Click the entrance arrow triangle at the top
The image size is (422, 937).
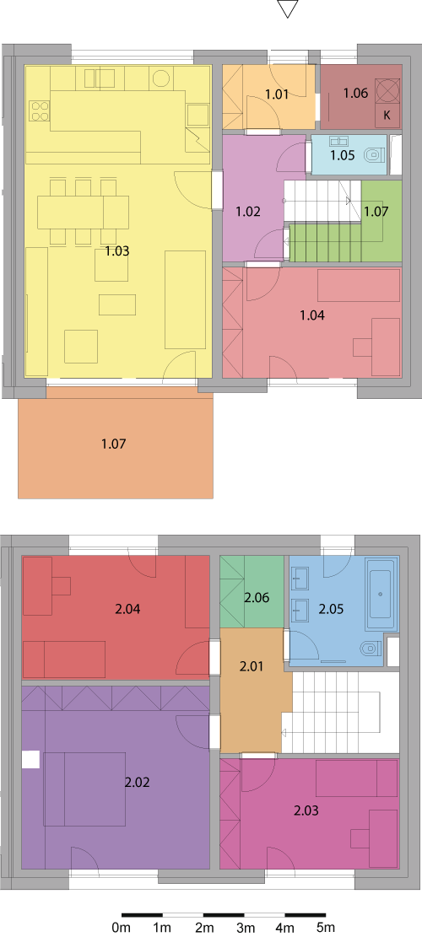tap(288, 8)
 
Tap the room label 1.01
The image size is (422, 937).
tap(277, 94)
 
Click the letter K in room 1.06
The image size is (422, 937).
tap(387, 116)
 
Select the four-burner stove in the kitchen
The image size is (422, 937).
tap(40, 111)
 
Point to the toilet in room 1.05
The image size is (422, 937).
tap(374, 155)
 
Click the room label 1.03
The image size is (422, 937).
tap(117, 251)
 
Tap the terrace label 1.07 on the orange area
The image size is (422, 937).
tap(114, 444)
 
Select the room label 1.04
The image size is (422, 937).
tap(312, 315)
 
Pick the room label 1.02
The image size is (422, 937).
tap(247, 212)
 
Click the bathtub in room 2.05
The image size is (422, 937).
tap(381, 594)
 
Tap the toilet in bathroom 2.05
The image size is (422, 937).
tap(372, 648)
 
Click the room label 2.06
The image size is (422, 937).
tap(257, 597)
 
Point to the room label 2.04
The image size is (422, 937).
tap(127, 610)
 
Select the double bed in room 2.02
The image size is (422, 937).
tap(84, 789)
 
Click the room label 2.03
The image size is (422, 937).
tap(306, 810)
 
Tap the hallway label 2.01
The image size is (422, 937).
tap(252, 667)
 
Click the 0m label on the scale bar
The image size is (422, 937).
tap(122, 928)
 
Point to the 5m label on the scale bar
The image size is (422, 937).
tap(326, 928)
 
